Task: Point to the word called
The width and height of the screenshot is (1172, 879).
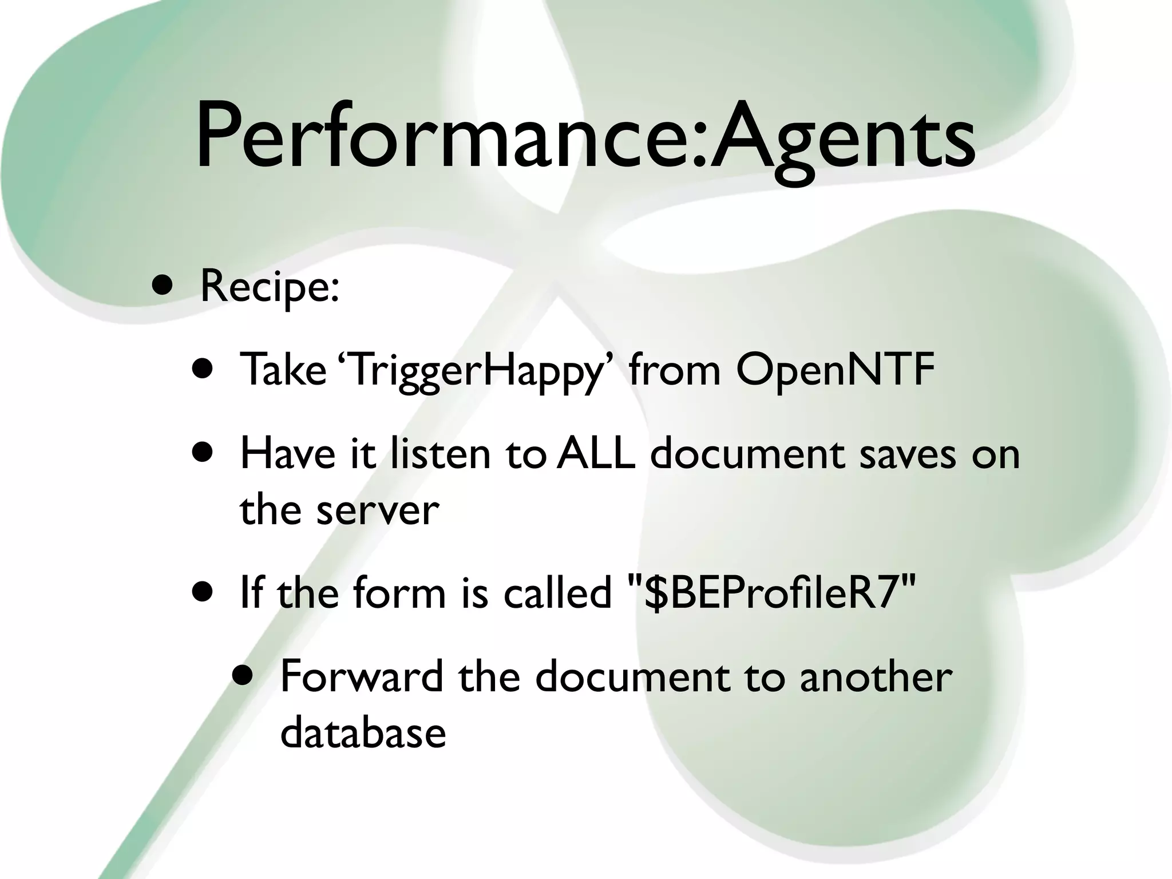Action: click(x=557, y=593)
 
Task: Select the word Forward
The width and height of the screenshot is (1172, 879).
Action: click(x=362, y=676)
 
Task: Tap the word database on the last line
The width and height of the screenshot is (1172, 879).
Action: click(x=363, y=732)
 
